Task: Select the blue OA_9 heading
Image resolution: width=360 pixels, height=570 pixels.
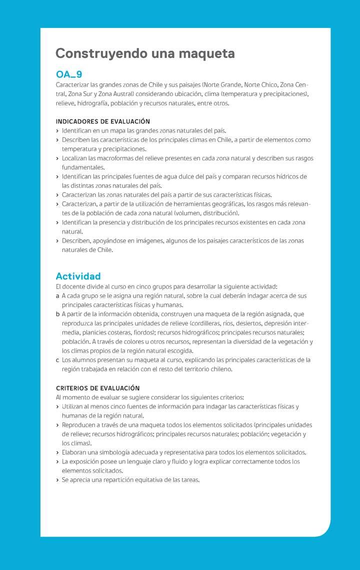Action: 68,74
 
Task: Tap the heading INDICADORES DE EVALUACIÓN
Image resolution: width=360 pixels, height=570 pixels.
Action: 102,121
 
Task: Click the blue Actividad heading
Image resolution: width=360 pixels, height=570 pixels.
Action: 78,276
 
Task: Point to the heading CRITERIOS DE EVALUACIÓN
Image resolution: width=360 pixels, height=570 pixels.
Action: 97,388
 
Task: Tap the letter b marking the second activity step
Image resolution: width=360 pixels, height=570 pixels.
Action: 58,314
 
